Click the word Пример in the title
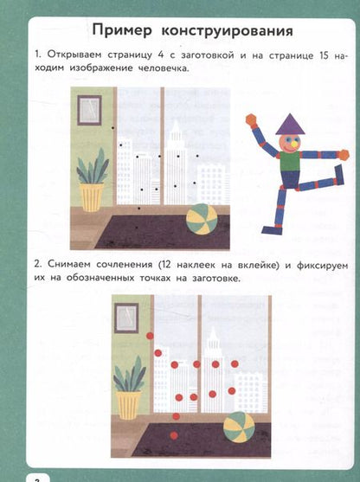tap(122, 31)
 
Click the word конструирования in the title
tap(228, 31)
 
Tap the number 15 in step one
tap(324, 56)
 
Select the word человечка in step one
tap(163, 68)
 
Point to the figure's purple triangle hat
tap(290, 125)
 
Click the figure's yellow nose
tap(295, 144)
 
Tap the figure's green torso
tap(290, 161)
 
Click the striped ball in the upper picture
tap(202, 220)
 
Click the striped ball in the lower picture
tap(239, 427)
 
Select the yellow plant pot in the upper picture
tap(92, 197)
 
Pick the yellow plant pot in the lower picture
tap(128, 405)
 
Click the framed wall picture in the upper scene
tap(89, 110)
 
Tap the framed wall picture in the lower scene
tap(126, 318)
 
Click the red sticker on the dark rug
tap(174, 435)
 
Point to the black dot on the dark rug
tap(137, 228)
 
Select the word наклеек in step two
tap(196, 265)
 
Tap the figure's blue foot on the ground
tap(272, 230)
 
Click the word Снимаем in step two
tap(69, 265)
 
